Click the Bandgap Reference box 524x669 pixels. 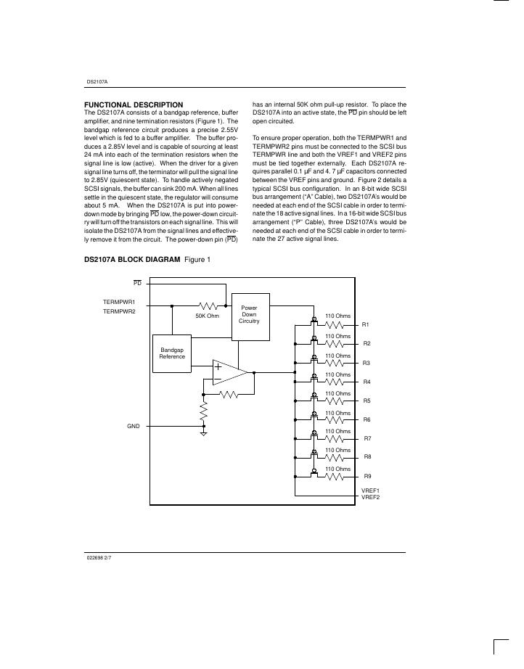tap(172, 353)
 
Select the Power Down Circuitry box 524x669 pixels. tap(249, 316)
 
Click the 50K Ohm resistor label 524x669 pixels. tap(208, 316)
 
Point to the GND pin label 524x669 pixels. tap(133, 427)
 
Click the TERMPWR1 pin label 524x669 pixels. tap(119, 301)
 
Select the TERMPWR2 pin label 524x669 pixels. tap(119, 311)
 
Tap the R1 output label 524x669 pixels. tap(367, 324)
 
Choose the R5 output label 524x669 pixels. tap(367, 401)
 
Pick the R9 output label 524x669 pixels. tap(367, 477)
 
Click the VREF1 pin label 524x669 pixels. tap(370, 491)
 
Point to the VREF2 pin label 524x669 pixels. tap(370, 497)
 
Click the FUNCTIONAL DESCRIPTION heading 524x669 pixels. tap(134, 104)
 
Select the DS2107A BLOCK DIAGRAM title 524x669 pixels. tap(132, 259)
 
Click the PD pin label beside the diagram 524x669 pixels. tap(137, 282)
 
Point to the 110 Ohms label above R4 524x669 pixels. tap(337, 374)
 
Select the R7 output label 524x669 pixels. tap(367, 438)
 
